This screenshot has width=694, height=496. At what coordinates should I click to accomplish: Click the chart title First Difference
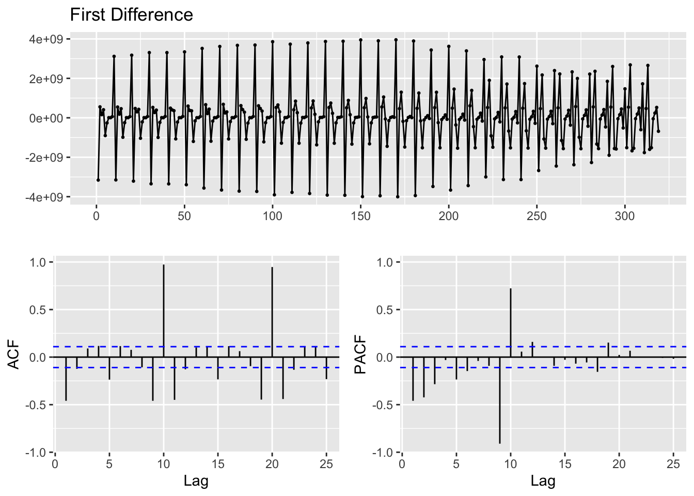click(131, 15)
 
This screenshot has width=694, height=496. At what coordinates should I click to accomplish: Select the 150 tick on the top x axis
click(360, 216)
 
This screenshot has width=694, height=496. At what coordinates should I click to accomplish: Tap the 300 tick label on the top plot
click(625, 216)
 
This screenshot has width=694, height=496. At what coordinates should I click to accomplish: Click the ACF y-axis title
click(14, 354)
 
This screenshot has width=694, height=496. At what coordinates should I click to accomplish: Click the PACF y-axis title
click(361, 354)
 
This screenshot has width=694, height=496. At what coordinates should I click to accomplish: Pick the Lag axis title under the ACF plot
click(196, 482)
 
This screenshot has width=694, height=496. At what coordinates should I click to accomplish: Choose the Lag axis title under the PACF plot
click(543, 482)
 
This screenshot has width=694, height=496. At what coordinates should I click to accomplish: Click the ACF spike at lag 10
click(164, 310)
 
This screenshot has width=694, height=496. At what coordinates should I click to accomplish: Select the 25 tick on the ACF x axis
click(326, 463)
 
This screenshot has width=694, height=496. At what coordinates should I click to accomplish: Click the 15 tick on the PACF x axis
click(565, 463)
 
